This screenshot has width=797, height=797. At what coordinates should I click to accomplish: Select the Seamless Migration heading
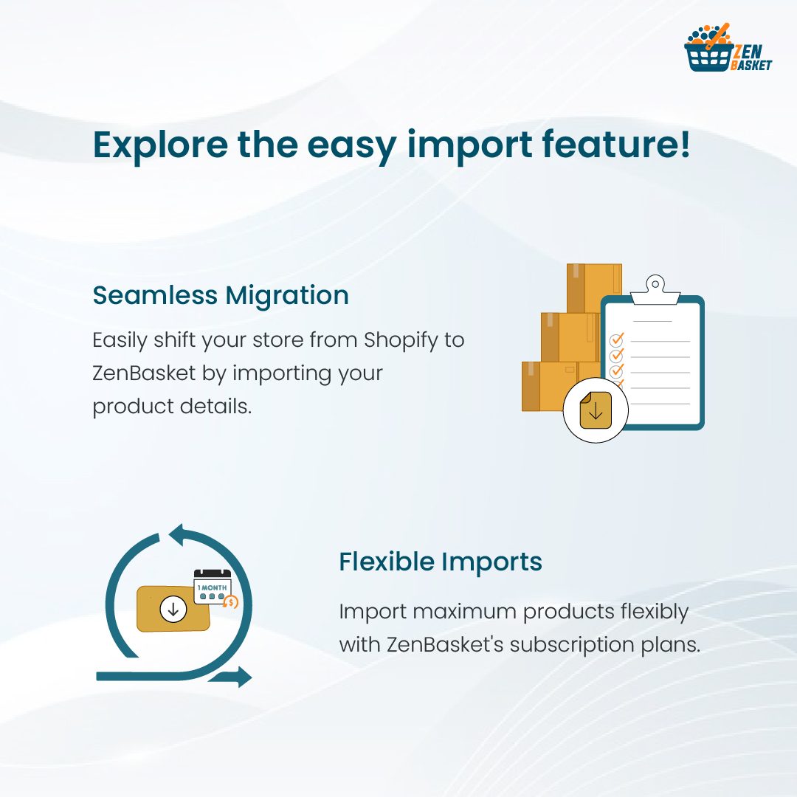point(221,295)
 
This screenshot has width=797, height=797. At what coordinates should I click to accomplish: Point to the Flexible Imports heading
point(441,562)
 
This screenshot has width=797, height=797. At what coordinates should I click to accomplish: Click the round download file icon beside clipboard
point(596,410)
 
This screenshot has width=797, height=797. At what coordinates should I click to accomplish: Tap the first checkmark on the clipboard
point(616,340)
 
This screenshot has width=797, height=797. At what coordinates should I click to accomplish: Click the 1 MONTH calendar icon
point(213,587)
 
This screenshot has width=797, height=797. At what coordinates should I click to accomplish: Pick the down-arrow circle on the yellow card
point(173,610)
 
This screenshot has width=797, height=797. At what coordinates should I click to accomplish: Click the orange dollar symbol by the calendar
point(231,602)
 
